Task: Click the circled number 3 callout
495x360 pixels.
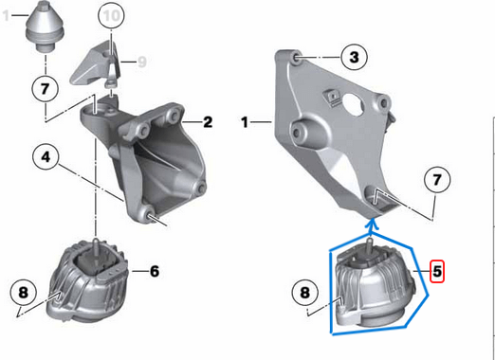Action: [x=353, y=59]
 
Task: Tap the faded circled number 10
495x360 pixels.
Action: [x=111, y=16]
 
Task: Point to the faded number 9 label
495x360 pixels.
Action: [x=142, y=62]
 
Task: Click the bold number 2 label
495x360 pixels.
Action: [x=207, y=122]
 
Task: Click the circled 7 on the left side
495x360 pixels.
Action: [x=44, y=89]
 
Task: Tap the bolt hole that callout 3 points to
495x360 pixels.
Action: [x=300, y=60]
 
